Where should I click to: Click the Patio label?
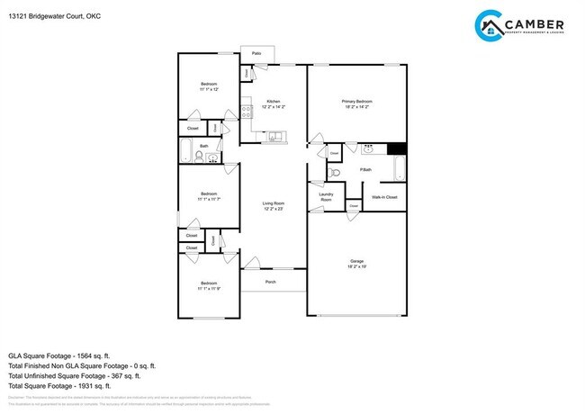pos(256,54)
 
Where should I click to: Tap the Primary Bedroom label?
pos(356,101)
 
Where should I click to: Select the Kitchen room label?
pos(273,101)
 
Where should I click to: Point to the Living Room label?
pos(273,205)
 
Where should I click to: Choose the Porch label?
pos(270,283)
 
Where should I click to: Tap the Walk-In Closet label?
pos(384,196)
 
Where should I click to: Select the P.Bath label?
pos(365,169)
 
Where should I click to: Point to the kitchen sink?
pos(274,137)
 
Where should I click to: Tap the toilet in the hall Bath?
pos(199,157)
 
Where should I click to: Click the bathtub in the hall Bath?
pos(184,150)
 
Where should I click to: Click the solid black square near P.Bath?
pos(397,148)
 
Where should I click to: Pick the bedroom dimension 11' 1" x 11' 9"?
pos(209,288)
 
